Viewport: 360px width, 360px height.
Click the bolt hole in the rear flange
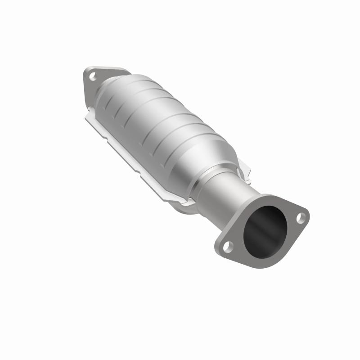pyautogui.click(x=94, y=76)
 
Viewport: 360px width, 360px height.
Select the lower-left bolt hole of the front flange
pyautogui.click(x=228, y=246)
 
